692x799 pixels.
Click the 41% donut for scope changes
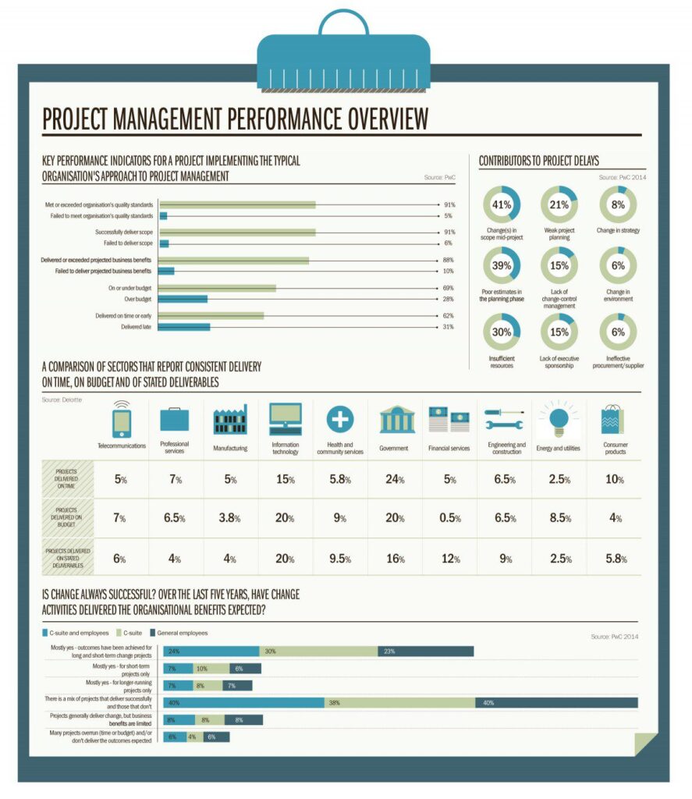pyautogui.click(x=501, y=204)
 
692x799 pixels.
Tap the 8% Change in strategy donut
pyautogui.click(x=618, y=204)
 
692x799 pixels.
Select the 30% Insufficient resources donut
pyautogui.click(x=501, y=332)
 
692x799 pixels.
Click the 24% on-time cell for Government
pyautogui.click(x=394, y=480)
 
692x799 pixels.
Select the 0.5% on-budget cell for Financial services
pyautogui.click(x=449, y=518)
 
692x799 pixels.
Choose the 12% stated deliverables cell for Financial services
pyautogui.click(x=449, y=559)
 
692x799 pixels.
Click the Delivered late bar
pyautogui.click(x=185, y=327)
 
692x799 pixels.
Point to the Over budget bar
pyautogui.click(x=183, y=299)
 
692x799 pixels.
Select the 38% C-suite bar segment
pyautogui.click(x=399, y=702)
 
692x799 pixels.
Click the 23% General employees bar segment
pyautogui.click(x=425, y=652)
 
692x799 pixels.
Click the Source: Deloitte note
pyautogui.click(x=62, y=399)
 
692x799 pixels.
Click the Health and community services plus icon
pyautogui.click(x=339, y=420)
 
